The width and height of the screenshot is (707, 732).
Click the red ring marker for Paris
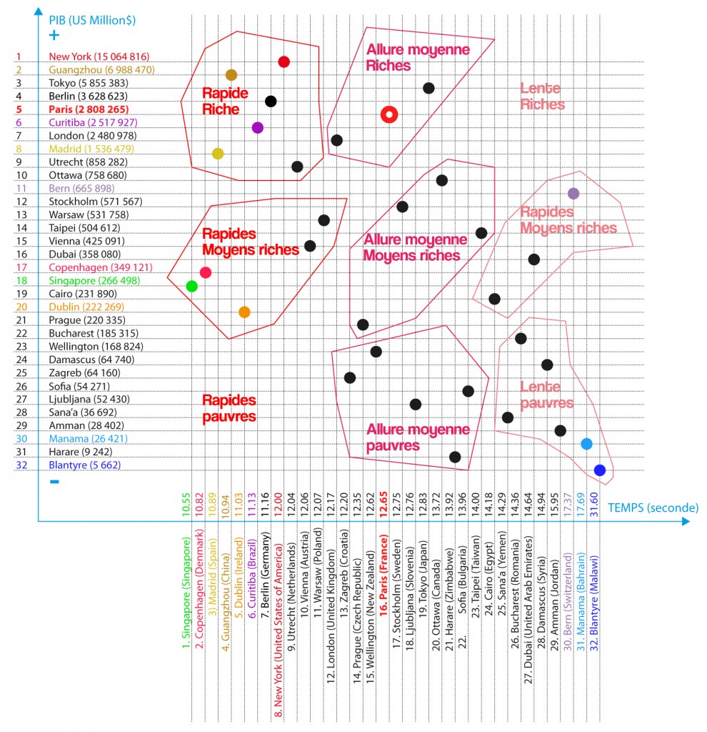388,114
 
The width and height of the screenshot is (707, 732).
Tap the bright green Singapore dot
191,286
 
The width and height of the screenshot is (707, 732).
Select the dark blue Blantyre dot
600,470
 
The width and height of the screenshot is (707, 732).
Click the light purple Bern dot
573,193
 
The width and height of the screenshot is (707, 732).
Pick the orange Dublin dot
244,312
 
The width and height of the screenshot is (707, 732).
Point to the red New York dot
284,62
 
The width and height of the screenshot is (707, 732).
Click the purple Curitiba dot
258,128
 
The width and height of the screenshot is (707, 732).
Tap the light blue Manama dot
586,444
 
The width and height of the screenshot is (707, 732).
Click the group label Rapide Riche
225,101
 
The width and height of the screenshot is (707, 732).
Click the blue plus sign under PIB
54,34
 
